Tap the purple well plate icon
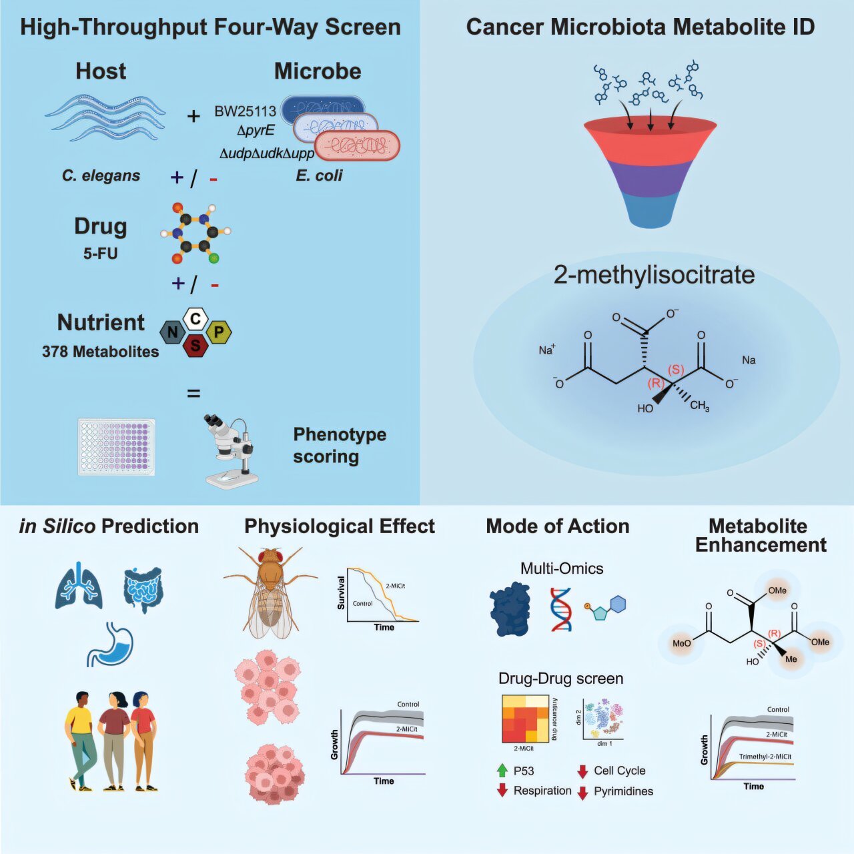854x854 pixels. (117, 446)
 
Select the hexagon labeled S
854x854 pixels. (195, 345)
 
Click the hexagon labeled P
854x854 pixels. (219, 332)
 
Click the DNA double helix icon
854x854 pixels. (561, 608)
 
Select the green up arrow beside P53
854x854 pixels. (502, 771)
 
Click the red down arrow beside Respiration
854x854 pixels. (502, 791)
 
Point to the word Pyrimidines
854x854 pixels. (623, 791)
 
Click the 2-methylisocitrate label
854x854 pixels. (654, 275)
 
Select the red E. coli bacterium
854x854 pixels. (357, 146)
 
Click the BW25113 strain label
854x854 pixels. (245, 111)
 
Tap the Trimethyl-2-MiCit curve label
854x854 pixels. (765, 757)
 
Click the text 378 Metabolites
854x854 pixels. (101, 352)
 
